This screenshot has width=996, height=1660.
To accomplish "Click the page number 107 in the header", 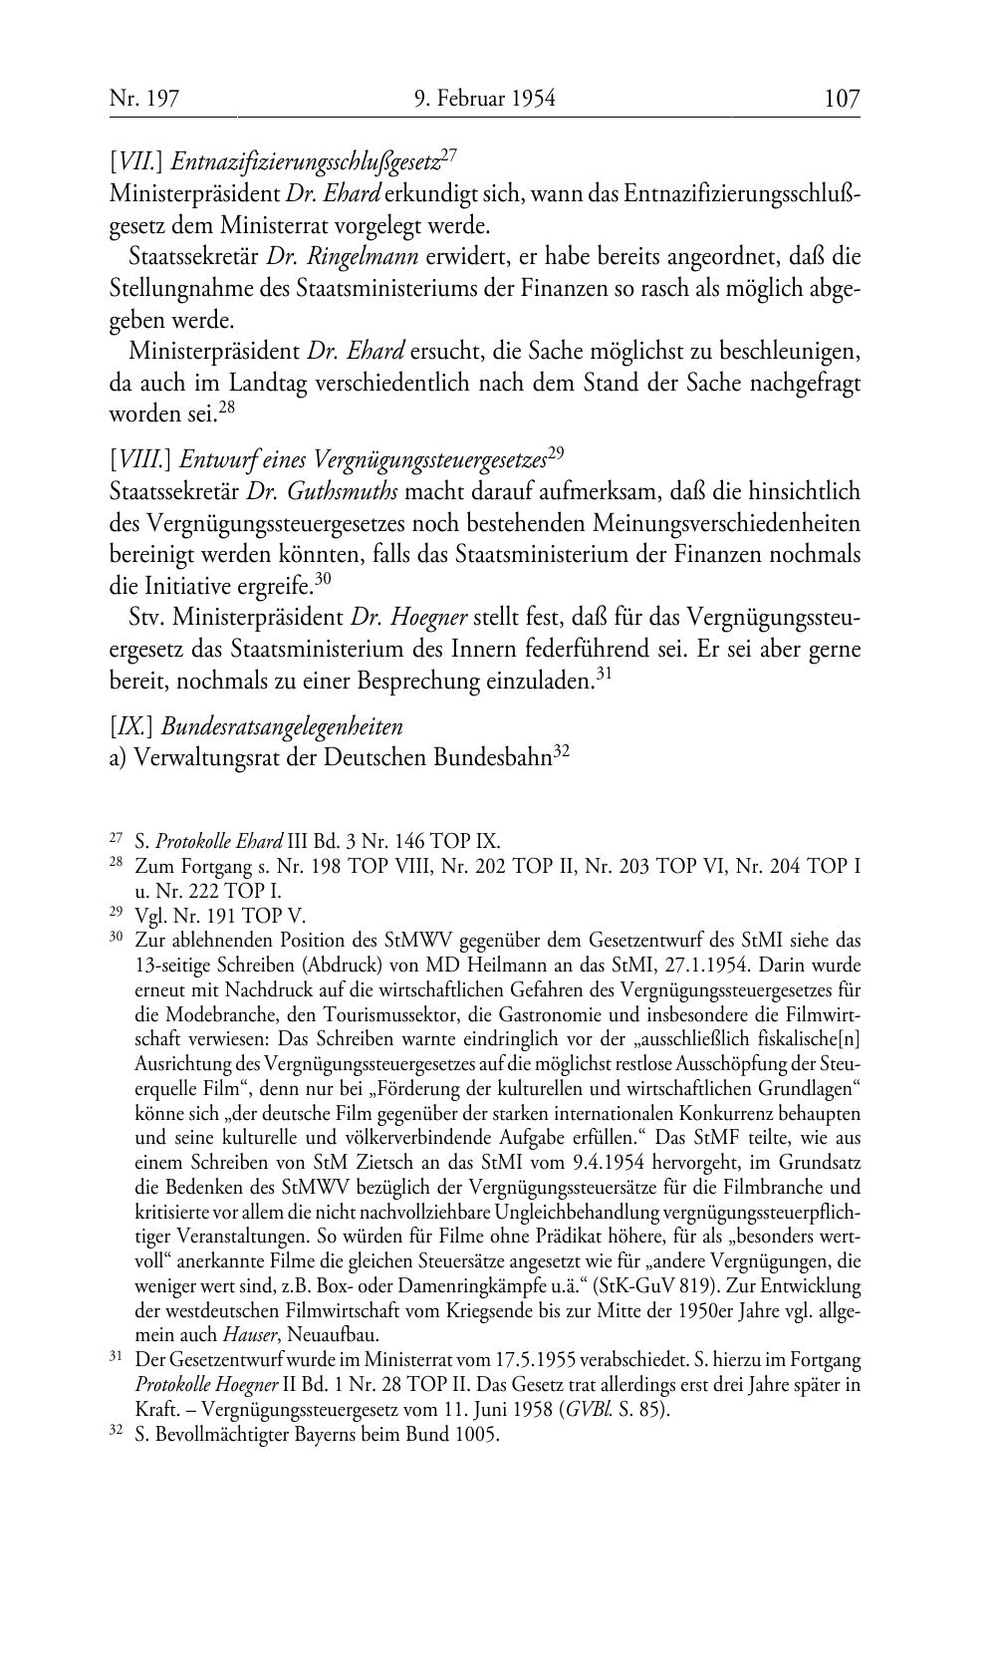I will [x=842, y=99].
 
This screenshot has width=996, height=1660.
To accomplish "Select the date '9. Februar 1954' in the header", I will [x=484, y=99].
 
